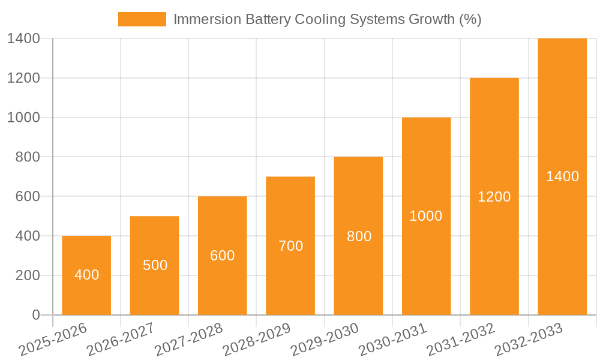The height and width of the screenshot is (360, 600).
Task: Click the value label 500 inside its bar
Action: (x=155, y=265)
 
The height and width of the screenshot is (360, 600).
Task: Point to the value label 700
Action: (x=290, y=245)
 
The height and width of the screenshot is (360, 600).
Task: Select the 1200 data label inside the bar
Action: (x=494, y=196)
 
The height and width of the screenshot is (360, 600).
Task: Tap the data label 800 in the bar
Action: (x=359, y=236)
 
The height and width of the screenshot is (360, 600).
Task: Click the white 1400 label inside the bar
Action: (x=562, y=176)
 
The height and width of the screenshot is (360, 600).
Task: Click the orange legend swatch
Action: (x=142, y=19)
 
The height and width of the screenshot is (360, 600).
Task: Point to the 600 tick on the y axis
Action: (x=23, y=196)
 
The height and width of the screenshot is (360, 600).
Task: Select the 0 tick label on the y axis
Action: (x=35, y=315)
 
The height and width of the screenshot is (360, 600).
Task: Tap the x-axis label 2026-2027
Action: (x=121, y=340)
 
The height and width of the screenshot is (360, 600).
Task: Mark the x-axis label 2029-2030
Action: (x=325, y=340)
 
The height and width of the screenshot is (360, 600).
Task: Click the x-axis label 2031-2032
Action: (x=461, y=340)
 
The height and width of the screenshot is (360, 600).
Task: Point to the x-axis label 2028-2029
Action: (x=257, y=340)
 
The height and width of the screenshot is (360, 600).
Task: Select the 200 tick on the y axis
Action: (x=23, y=275)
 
